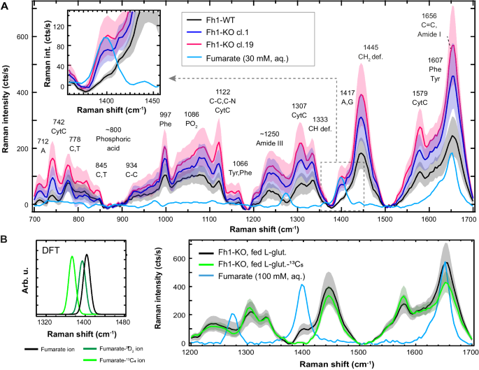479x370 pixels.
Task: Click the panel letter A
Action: coord(5,6)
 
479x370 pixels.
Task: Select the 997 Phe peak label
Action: coord(165,119)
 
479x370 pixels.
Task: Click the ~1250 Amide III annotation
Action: coord(274,138)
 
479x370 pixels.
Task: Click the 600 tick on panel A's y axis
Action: coord(22,36)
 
